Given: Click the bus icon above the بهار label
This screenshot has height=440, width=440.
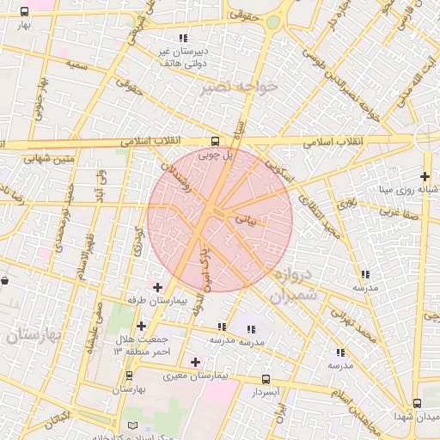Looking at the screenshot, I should coord(23,12).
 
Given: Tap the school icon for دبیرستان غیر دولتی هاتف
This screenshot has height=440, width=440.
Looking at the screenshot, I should coord(183,39).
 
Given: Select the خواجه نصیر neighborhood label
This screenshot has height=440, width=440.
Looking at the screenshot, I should coord(238,88).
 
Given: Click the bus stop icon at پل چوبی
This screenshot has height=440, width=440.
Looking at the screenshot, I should coord(215,141).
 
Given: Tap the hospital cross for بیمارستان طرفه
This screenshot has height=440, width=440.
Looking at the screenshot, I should coord(156,287).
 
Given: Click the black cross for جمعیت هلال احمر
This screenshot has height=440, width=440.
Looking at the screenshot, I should coord(142,326).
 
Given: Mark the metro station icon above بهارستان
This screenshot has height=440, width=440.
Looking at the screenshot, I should coord(130,376).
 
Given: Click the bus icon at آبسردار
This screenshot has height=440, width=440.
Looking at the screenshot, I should coord(265,379).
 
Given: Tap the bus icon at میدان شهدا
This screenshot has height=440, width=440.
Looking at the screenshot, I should coord(417,403).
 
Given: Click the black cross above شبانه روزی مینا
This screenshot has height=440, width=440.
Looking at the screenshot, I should coord(425,176).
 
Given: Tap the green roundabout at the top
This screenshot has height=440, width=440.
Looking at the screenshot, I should coord(273,21).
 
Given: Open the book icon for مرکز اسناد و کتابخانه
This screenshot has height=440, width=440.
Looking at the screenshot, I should coord(131,425).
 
